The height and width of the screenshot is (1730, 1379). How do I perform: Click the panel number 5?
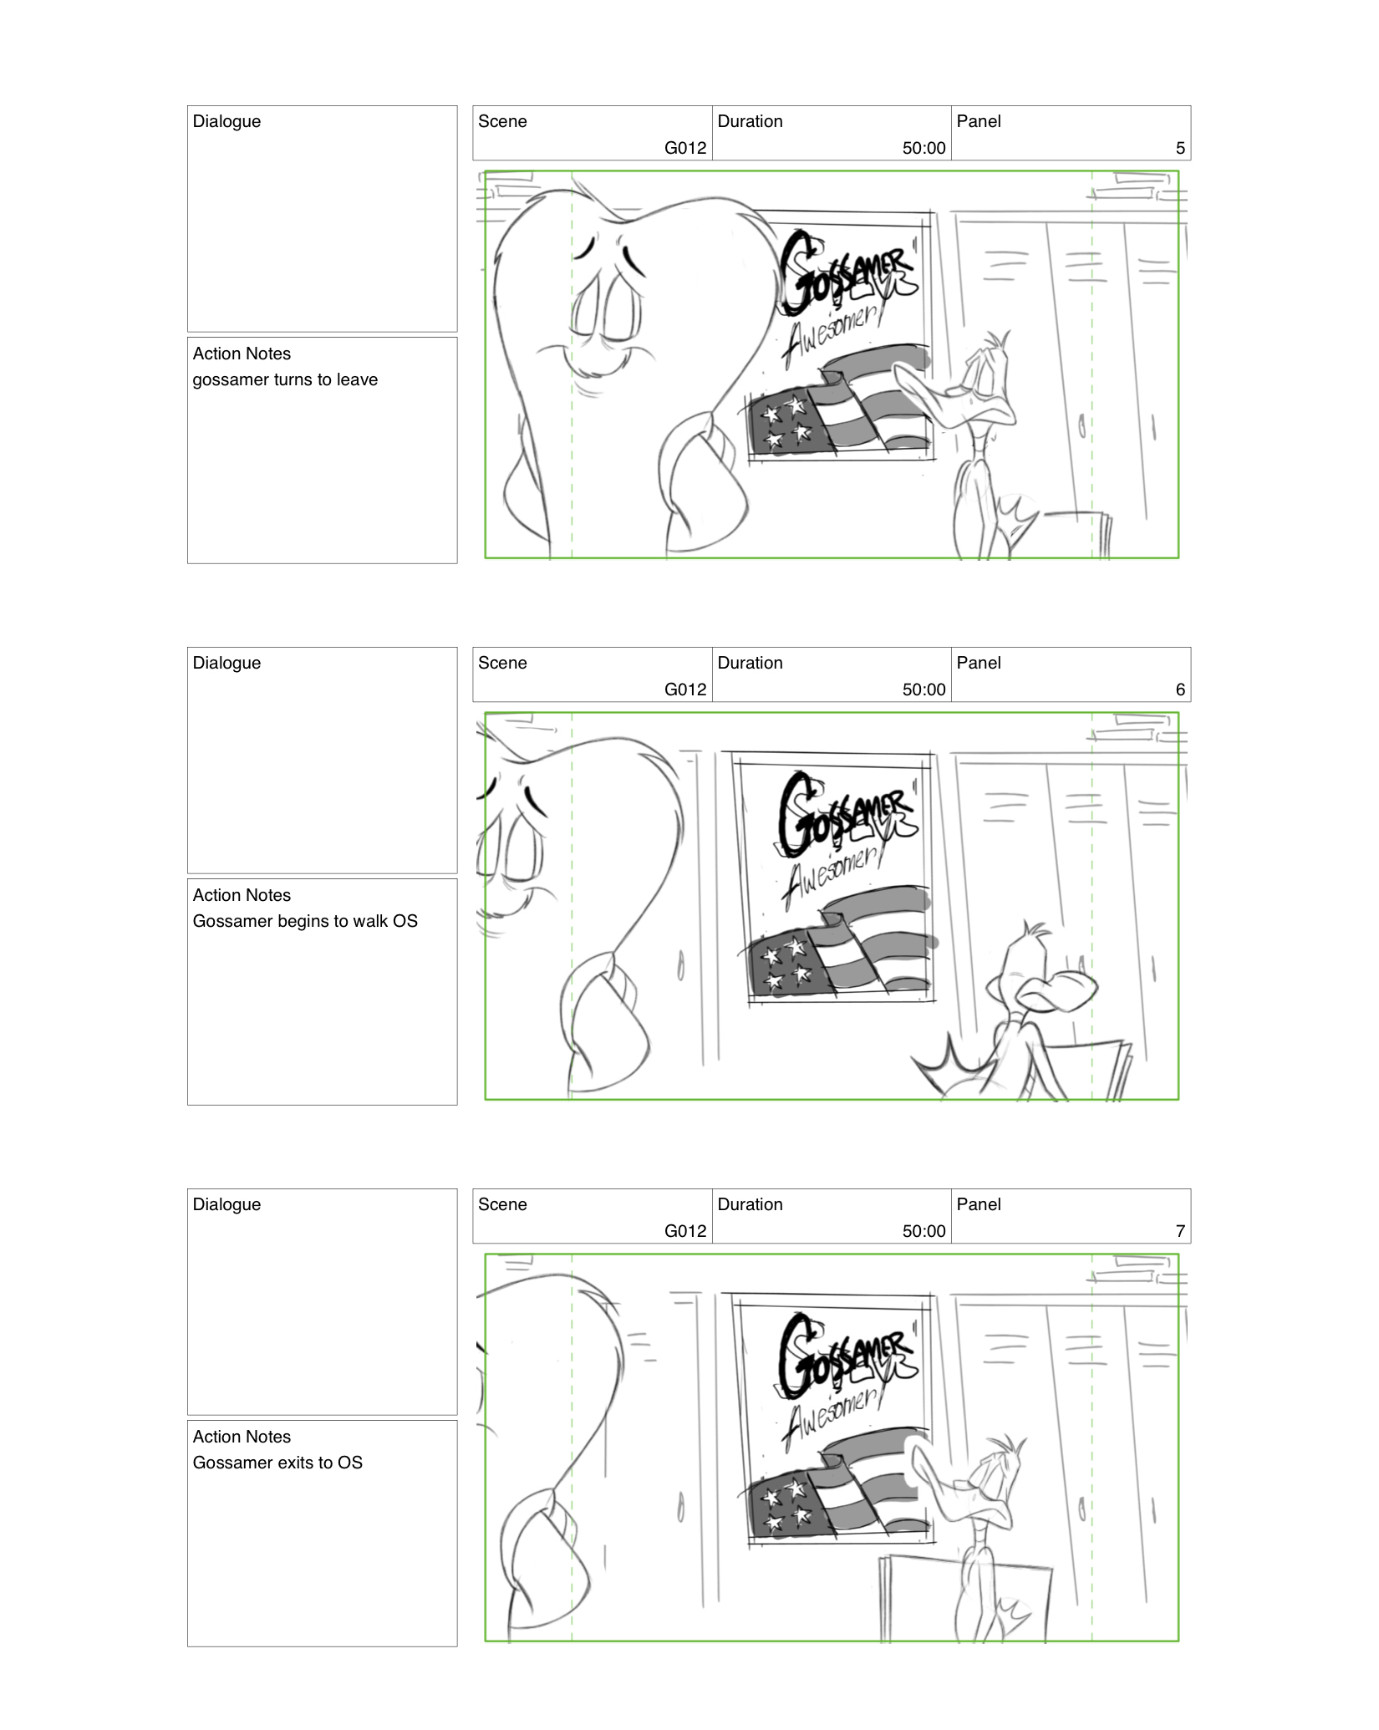pos(1179,148)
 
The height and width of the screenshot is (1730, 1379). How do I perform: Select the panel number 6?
pos(1179,689)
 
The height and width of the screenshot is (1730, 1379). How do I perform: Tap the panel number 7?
pos(1179,1231)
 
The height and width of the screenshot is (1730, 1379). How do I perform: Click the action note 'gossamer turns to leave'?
pos(285,379)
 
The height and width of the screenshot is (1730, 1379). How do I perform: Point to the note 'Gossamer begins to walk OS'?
pos(305,921)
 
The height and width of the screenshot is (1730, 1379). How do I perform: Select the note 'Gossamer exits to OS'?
pos(277,1463)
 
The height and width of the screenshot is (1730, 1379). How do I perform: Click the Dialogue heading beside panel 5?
pos(226,121)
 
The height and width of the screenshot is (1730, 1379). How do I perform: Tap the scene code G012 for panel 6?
pos(684,689)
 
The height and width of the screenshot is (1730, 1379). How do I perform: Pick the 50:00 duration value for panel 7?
pos(924,1231)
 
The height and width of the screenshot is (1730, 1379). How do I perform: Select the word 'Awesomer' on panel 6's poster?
pos(832,873)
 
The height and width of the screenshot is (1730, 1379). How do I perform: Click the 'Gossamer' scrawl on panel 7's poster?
pos(844,1358)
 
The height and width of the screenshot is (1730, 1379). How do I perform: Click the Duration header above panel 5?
pos(750,121)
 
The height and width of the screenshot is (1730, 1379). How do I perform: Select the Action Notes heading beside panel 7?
pos(242,1437)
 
